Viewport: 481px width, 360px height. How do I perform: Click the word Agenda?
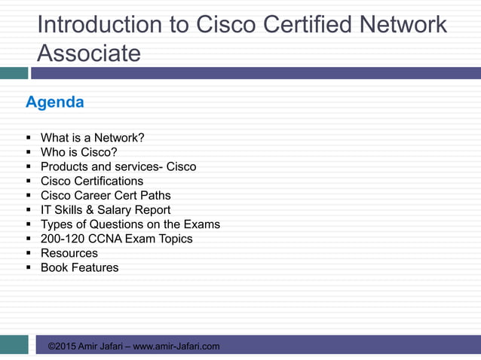(55, 102)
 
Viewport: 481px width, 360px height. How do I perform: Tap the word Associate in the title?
(88, 53)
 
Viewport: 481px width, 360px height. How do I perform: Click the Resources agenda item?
(69, 253)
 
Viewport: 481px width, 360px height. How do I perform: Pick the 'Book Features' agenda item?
(79, 267)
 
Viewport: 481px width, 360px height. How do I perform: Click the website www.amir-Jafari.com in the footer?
(176, 346)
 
